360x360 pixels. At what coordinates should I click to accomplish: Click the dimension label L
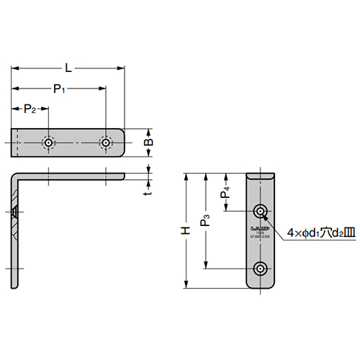click(x=68, y=68)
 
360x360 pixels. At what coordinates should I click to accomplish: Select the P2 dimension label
click(x=30, y=109)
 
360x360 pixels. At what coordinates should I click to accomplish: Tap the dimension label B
click(x=149, y=143)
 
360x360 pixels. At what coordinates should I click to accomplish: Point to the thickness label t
click(x=146, y=192)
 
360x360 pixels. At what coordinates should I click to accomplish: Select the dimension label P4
click(x=225, y=192)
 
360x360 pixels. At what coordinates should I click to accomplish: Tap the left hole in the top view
click(x=48, y=143)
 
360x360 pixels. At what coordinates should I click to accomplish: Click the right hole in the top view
click(x=106, y=143)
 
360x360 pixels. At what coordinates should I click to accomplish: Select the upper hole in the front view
click(x=260, y=211)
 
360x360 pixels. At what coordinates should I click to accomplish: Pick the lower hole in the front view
click(x=260, y=269)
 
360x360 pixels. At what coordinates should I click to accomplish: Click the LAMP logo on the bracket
click(x=260, y=230)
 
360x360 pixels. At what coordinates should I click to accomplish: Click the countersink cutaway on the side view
click(x=14, y=212)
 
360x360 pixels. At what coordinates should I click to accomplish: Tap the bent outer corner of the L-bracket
click(x=14, y=175)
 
